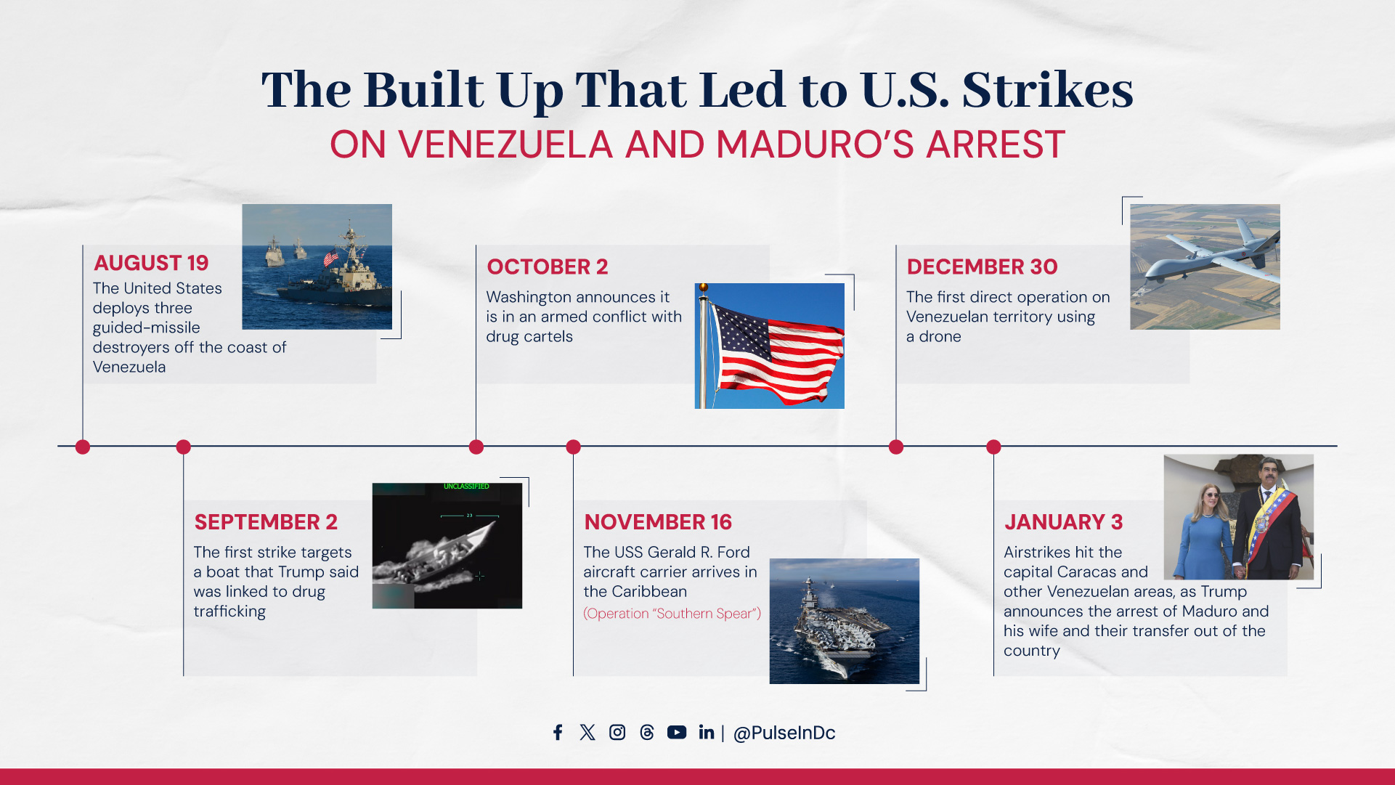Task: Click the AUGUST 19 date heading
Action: point(151,263)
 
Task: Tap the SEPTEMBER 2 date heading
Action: point(266,522)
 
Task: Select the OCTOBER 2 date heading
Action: point(548,267)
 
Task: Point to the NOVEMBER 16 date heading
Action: point(658,522)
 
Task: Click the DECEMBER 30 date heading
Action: point(982,267)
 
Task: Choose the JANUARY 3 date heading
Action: point(1063,522)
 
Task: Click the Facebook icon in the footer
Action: point(558,732)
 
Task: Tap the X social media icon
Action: point(587,732)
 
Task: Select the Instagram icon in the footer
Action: point(617,732)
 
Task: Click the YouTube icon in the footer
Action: point(677,732)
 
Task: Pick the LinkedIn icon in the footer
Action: point(707,732)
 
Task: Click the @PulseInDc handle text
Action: point(784,733)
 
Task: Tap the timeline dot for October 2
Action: point(476,447)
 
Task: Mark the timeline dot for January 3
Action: point(993,447)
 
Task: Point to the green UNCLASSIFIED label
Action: point(466,487)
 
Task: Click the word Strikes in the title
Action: point(1047,90)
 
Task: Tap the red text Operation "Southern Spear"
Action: point(672,614)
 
